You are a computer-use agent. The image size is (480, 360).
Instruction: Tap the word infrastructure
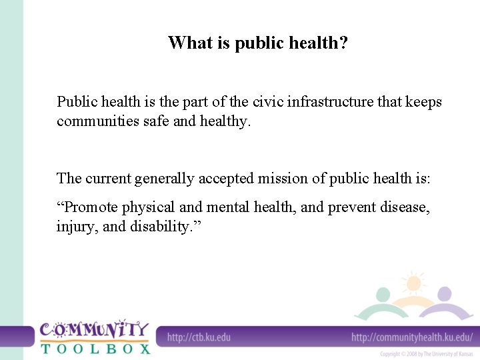point(331,102)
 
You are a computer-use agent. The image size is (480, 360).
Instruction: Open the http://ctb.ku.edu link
point(199,337)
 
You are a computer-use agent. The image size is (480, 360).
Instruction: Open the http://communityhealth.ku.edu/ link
point(411,337)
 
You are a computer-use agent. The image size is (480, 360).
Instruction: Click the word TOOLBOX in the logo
point(95,347)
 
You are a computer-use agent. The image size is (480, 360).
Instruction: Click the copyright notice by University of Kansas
point(427,354)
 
